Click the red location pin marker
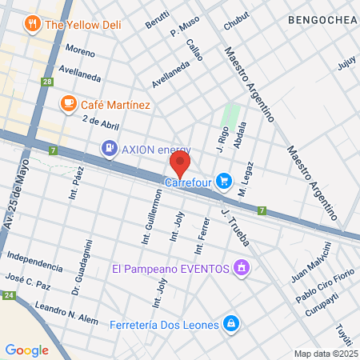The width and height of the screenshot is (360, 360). pyautogui.click(x=180, y=166)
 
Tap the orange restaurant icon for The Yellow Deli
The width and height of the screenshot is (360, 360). pyautogui.click(x=33, y=24)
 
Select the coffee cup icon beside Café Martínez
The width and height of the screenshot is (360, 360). pyautogui.click(x=69, y=104)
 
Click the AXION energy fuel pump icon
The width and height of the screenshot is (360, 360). pyautogui.click(x=108, y=148)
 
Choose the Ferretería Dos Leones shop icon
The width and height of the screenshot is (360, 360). pyautogui.click(x=230, y=322)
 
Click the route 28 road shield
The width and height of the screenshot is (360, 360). pyautogui.click(x=49, y=82)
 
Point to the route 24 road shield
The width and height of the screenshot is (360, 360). pyautogui.click(x=8, y=295)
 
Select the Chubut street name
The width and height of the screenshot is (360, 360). pyautogui.click(x=231, y=24)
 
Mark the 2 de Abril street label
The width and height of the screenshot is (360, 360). pyautogui.click(x=100, y=121)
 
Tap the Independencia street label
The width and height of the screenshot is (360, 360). pyautogui.click(x=34, y=262)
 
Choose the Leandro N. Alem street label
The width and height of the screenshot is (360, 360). pyautogui.click(x=66, y=314)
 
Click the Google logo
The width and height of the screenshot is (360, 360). pyautogui.click(x=26, y=350)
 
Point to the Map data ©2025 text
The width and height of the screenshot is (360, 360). pyautogui.click(x=324, y=354)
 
